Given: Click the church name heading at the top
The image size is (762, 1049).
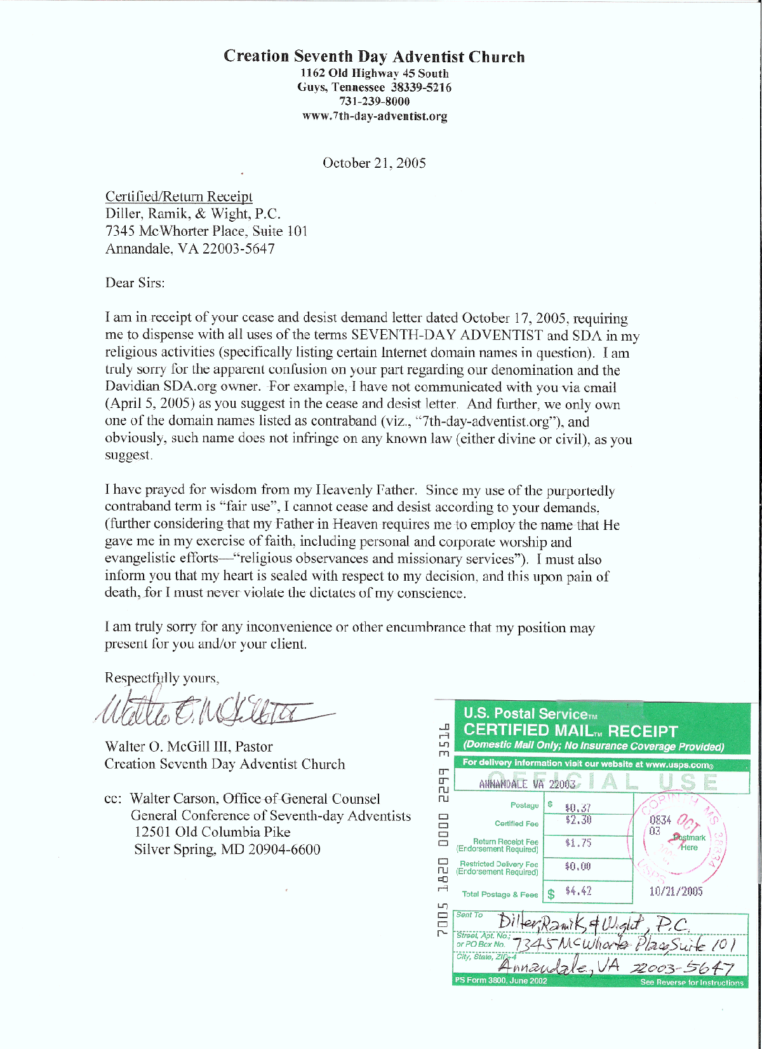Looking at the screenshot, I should [x=374, y=57].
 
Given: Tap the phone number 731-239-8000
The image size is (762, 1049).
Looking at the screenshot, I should [x=374, y=102].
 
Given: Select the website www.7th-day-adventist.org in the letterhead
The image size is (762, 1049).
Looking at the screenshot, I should [x=375, y=116].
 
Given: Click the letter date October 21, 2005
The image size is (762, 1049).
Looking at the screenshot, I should [x=374, y=163].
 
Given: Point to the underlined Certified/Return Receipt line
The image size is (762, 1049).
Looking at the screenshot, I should [x=179, y=197].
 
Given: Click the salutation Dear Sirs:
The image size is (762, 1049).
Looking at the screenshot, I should [x=135, y=283].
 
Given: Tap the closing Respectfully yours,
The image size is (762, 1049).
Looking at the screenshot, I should [x=162, y=679].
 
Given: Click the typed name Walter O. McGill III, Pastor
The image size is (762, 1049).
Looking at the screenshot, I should [x=189, y=747].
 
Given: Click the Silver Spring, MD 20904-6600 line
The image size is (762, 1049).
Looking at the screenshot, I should [x=227, y=850].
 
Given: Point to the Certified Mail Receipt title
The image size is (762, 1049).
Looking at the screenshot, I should [x=570, y=731].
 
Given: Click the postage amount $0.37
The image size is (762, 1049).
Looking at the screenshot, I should [x=577, y=808].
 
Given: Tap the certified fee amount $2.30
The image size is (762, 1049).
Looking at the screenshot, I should [x=578, y=820].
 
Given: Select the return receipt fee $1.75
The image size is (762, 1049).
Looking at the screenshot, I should [x=578, y=843].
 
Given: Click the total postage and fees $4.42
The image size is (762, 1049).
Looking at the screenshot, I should [x=578, y=891].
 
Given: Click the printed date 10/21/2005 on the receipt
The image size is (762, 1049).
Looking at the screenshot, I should [x=676, y=891].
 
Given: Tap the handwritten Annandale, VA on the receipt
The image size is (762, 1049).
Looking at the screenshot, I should [x=559, y=966].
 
